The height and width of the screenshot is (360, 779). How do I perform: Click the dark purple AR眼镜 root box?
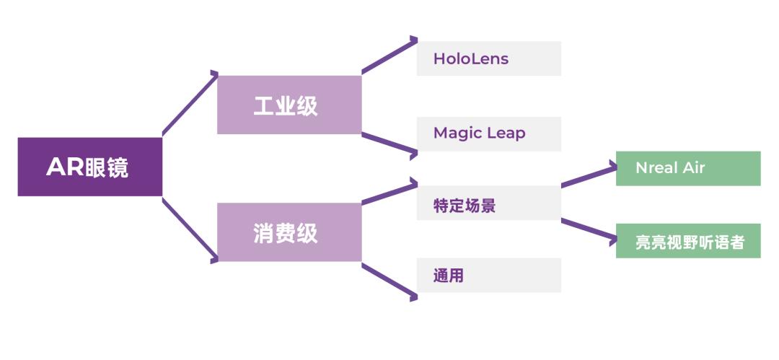(x=90, y=167)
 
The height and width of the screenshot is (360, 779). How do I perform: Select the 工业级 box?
(x=289, y=105)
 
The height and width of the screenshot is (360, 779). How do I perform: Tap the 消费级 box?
(x=289, y=232)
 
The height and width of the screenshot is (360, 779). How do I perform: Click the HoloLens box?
(x=489, y=58)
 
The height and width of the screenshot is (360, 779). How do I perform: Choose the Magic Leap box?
(x=489, y=134)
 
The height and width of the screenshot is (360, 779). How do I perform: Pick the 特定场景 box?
(x=489, y=203)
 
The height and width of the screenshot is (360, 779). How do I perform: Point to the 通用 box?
(x=489, y=275)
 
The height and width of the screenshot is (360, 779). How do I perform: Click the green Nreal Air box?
(x=688, y=169)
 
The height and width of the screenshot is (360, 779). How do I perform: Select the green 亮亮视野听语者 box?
(x=688, y=241)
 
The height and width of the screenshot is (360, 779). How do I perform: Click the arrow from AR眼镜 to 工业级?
(x=190, y=103)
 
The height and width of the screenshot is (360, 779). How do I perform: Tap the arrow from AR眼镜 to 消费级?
(x=190, y=230)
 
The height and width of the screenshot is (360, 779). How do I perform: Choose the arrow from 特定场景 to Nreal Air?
(x=589, y=176)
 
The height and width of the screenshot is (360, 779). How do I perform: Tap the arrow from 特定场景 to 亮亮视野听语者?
(x=589, y=231)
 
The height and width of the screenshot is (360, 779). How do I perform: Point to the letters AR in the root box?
(x=65, y=167)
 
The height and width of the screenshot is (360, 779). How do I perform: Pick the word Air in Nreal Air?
(x=693, y=167)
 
